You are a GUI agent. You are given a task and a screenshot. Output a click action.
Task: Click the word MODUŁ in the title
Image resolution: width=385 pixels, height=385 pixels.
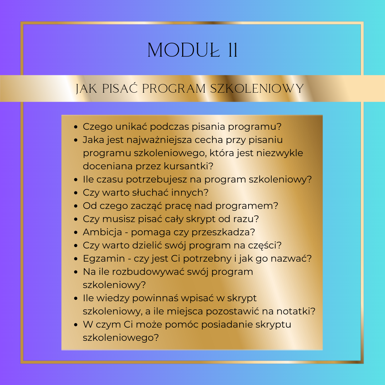pos(184,50)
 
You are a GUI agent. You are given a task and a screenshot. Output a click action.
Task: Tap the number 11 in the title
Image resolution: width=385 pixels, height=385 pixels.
pos(232,50)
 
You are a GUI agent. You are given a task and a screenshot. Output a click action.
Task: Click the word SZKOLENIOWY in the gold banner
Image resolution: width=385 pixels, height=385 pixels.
pos(257,89)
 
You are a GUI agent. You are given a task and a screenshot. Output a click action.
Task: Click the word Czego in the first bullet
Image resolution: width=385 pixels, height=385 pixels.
pos(97,127)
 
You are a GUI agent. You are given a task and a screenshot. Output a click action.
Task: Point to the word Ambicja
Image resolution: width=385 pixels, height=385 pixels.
pos(102,232)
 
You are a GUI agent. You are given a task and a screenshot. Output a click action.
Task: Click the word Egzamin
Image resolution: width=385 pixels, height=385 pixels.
pos(104,259)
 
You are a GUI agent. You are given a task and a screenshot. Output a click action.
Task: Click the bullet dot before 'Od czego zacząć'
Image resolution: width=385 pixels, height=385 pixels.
pos(76,206)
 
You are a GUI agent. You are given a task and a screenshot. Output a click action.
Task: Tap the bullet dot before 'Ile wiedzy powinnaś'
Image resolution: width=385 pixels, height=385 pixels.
pos(76,298)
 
